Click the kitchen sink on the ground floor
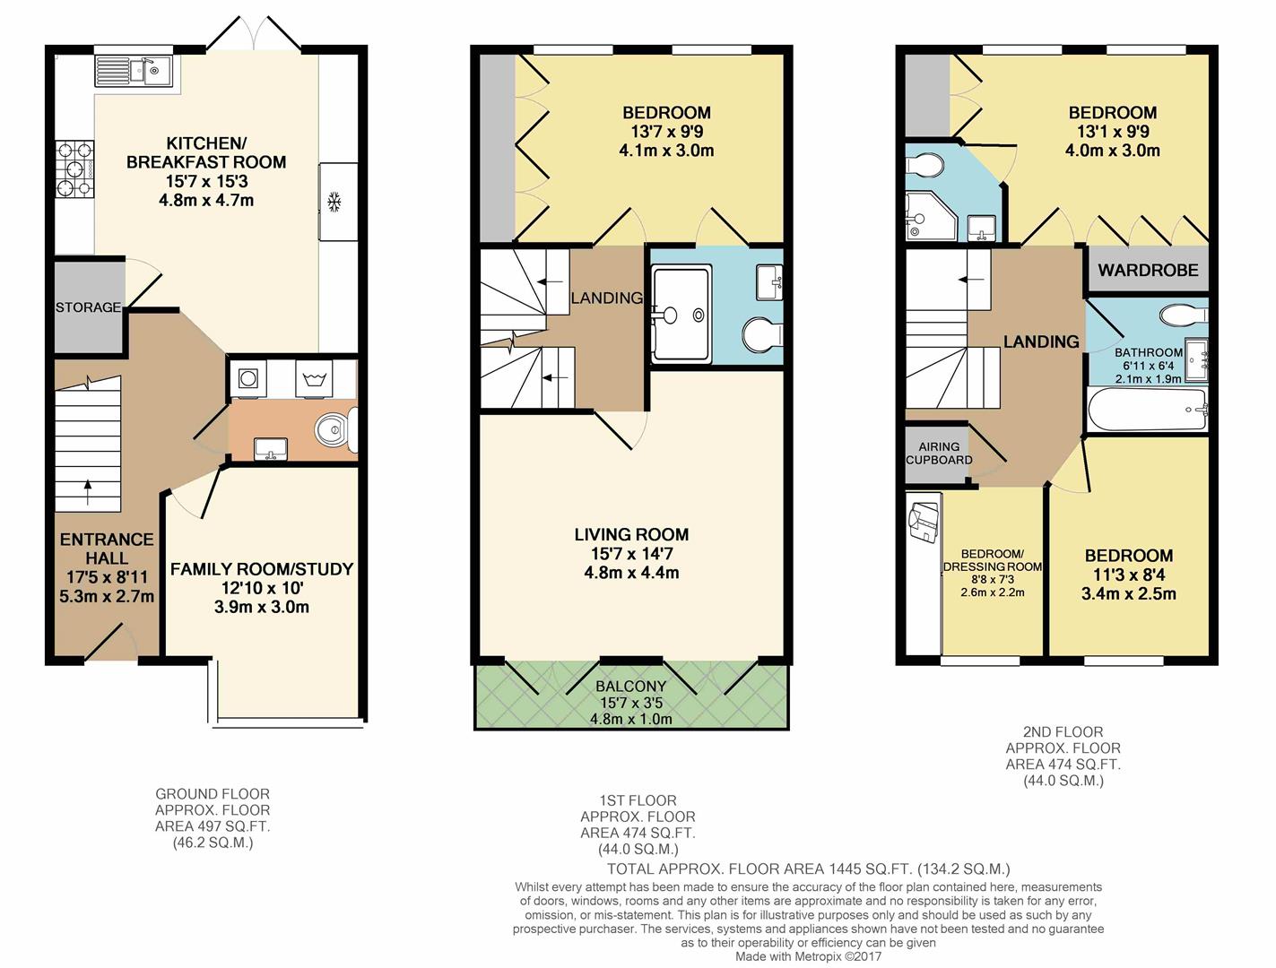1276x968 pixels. click(133, 71)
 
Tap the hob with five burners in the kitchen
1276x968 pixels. click(75, 169)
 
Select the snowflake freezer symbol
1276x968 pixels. click(334, 202)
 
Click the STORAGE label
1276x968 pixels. click(89, 307)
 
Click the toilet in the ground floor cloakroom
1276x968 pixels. click(336, 429)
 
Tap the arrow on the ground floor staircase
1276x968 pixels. click(88, 491)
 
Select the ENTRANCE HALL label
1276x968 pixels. click(107, 549)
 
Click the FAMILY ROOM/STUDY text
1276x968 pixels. click(262, 569)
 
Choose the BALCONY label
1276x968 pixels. click(630, 687)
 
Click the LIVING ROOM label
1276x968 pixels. click(631, 534)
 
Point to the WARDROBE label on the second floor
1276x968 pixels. click(1148, 270)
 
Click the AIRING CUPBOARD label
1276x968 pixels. click(939, 454)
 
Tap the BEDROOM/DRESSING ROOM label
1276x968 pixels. click(993, 560)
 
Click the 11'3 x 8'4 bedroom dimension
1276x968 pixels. click(1129, 575)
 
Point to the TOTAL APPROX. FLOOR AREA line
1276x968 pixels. click(809, 869)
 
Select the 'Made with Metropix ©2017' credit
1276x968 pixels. click(809, 956)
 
